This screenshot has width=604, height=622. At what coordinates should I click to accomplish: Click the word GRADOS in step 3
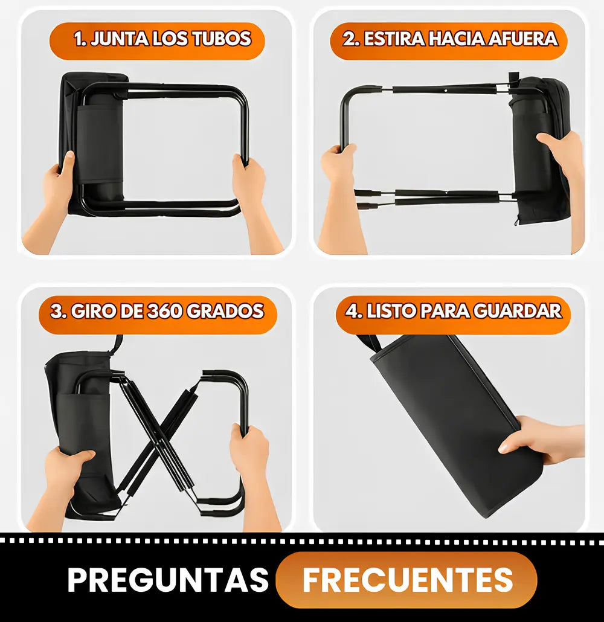[225, 312]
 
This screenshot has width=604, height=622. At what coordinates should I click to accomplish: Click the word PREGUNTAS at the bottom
[169, 580]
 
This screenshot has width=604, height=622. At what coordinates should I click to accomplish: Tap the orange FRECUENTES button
[406, 580]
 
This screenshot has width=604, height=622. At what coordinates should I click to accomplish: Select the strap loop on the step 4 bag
[370, 344]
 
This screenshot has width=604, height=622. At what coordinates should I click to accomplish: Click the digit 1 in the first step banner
[79, 39]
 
